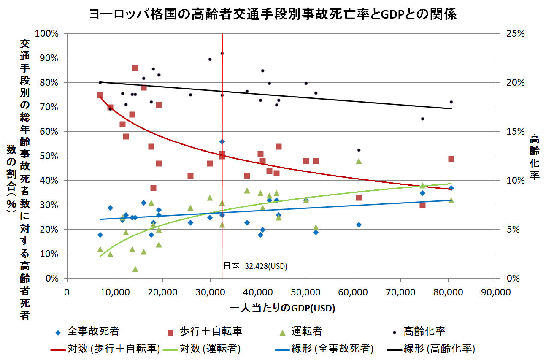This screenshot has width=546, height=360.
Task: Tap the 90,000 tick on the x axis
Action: pyautogui.click(x=496, y=292)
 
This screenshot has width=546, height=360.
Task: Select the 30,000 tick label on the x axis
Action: pyautogui.click(x=210, y=292)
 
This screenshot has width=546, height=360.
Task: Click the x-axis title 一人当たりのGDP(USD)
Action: pyautogui.click(x=283, y=308)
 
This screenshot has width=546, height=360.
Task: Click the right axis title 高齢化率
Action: pyautogui.click(x=534, y=157)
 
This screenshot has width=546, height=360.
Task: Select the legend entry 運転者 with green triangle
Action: pyautogui.click(x=301, y=331)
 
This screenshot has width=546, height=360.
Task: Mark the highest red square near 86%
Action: pyautogui.click(x=135, y=68)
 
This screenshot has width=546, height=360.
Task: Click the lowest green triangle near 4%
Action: pyautogui.click(x=135, y=269)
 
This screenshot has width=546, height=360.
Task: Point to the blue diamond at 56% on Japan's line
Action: pyautogui.click(x=222, y=141)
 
